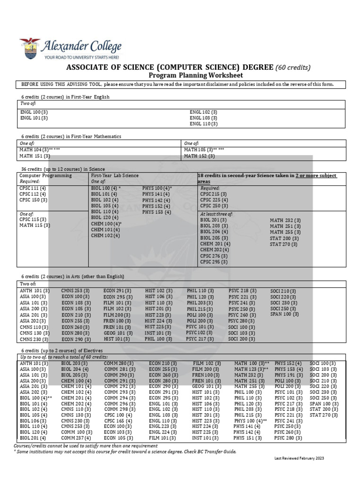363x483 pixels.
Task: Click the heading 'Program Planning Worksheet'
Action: coord(196,75)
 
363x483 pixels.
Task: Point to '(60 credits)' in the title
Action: coord(293,67)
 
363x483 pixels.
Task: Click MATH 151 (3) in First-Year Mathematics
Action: coord(35,156)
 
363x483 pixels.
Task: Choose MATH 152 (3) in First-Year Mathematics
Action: coord(199,156)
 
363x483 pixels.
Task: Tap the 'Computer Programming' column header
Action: coord(45,175)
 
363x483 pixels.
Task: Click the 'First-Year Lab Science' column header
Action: coord(115,175)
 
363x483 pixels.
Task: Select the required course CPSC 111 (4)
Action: coord(33,188)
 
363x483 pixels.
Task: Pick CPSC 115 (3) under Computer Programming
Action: coord(33,219)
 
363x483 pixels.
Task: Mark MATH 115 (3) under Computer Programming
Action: coord(34,225)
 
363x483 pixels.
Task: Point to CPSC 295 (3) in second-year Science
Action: coord(214,262)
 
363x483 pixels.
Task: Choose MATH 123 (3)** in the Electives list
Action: coord(251,369)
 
